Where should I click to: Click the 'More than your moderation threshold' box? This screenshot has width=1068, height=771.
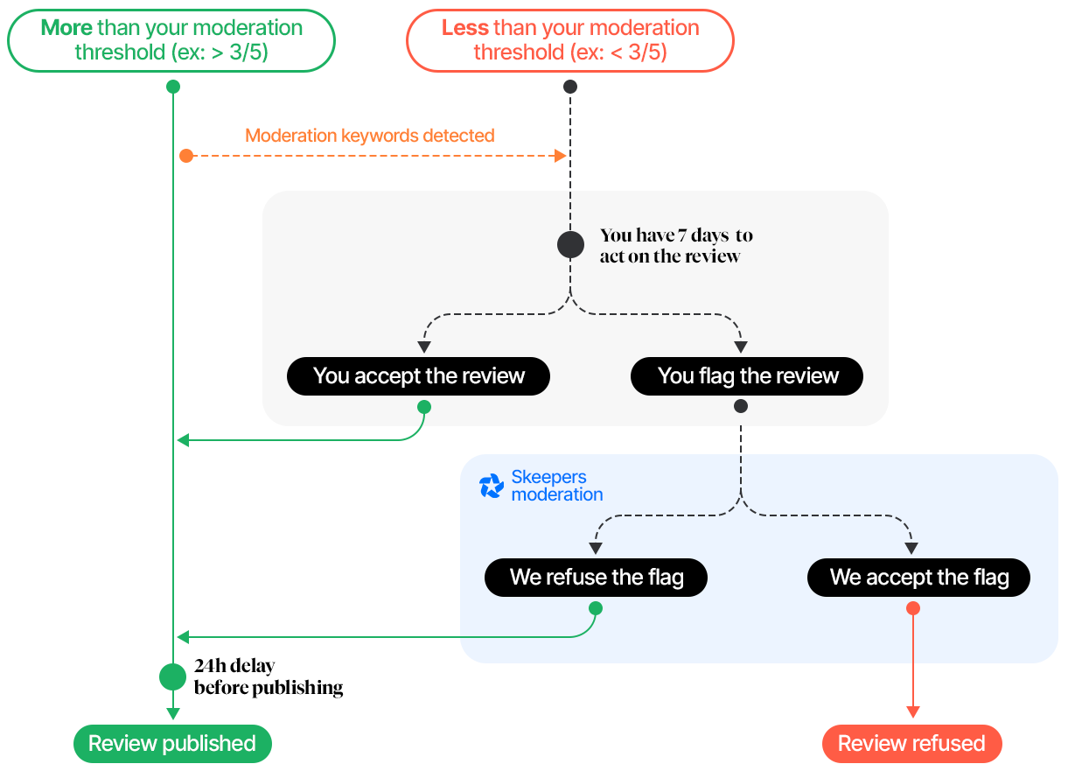point(171,40)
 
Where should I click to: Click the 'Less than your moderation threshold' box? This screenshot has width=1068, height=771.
point(569,40)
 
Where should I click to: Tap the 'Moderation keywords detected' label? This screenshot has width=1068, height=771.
point(369,136)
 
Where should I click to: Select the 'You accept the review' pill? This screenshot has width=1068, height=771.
point(418,376)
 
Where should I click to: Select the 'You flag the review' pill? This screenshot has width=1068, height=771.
point(747,376)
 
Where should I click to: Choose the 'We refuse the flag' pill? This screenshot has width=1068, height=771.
point(596,578)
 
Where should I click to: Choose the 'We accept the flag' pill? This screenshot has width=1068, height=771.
point(918,578)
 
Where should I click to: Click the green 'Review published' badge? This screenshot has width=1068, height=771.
point(172,744)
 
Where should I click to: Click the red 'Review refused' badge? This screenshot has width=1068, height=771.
point(911,744)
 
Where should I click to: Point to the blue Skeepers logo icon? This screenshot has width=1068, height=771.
point(492,486)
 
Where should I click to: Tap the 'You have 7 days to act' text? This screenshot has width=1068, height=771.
point(675,246)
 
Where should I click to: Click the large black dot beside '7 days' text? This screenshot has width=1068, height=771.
point(570,245)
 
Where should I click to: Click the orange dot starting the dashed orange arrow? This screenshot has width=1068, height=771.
point(186,156)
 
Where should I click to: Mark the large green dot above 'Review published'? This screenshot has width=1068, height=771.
point(173,676)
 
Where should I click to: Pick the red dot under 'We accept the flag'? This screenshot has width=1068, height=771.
point(913,608)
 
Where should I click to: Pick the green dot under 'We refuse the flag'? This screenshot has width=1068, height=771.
point(596,608)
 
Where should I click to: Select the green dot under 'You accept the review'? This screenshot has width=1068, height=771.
point(424,407)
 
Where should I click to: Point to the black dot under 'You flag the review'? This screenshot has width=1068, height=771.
point(741,407)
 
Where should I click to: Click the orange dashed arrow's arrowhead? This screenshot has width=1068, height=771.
point(562,156)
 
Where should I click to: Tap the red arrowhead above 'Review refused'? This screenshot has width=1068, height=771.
point(913,712)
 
